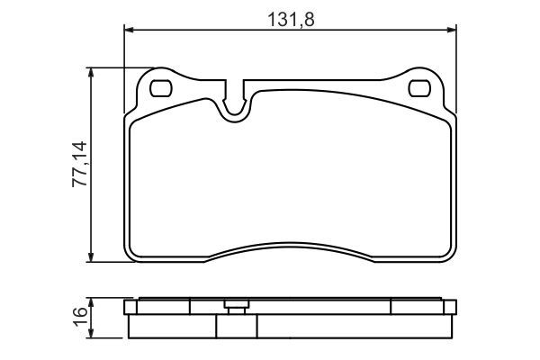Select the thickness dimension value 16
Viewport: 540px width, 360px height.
click(x=80, y=316)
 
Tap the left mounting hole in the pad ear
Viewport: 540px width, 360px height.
click(x=163, y=88)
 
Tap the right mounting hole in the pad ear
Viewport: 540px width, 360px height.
click(x=419, y=88)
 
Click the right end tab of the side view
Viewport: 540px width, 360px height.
click(x=448, y=310)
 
